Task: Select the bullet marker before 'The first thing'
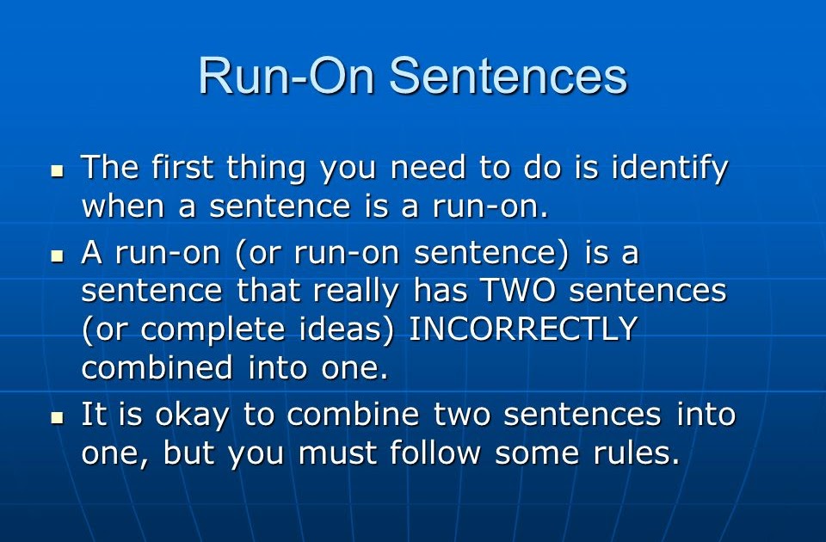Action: [58, 171]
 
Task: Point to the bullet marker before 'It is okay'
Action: [58, 418]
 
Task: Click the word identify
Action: [669, 169]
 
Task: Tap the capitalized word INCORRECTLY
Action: [523, 330]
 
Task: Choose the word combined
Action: [157, 367]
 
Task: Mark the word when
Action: [124, 206]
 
